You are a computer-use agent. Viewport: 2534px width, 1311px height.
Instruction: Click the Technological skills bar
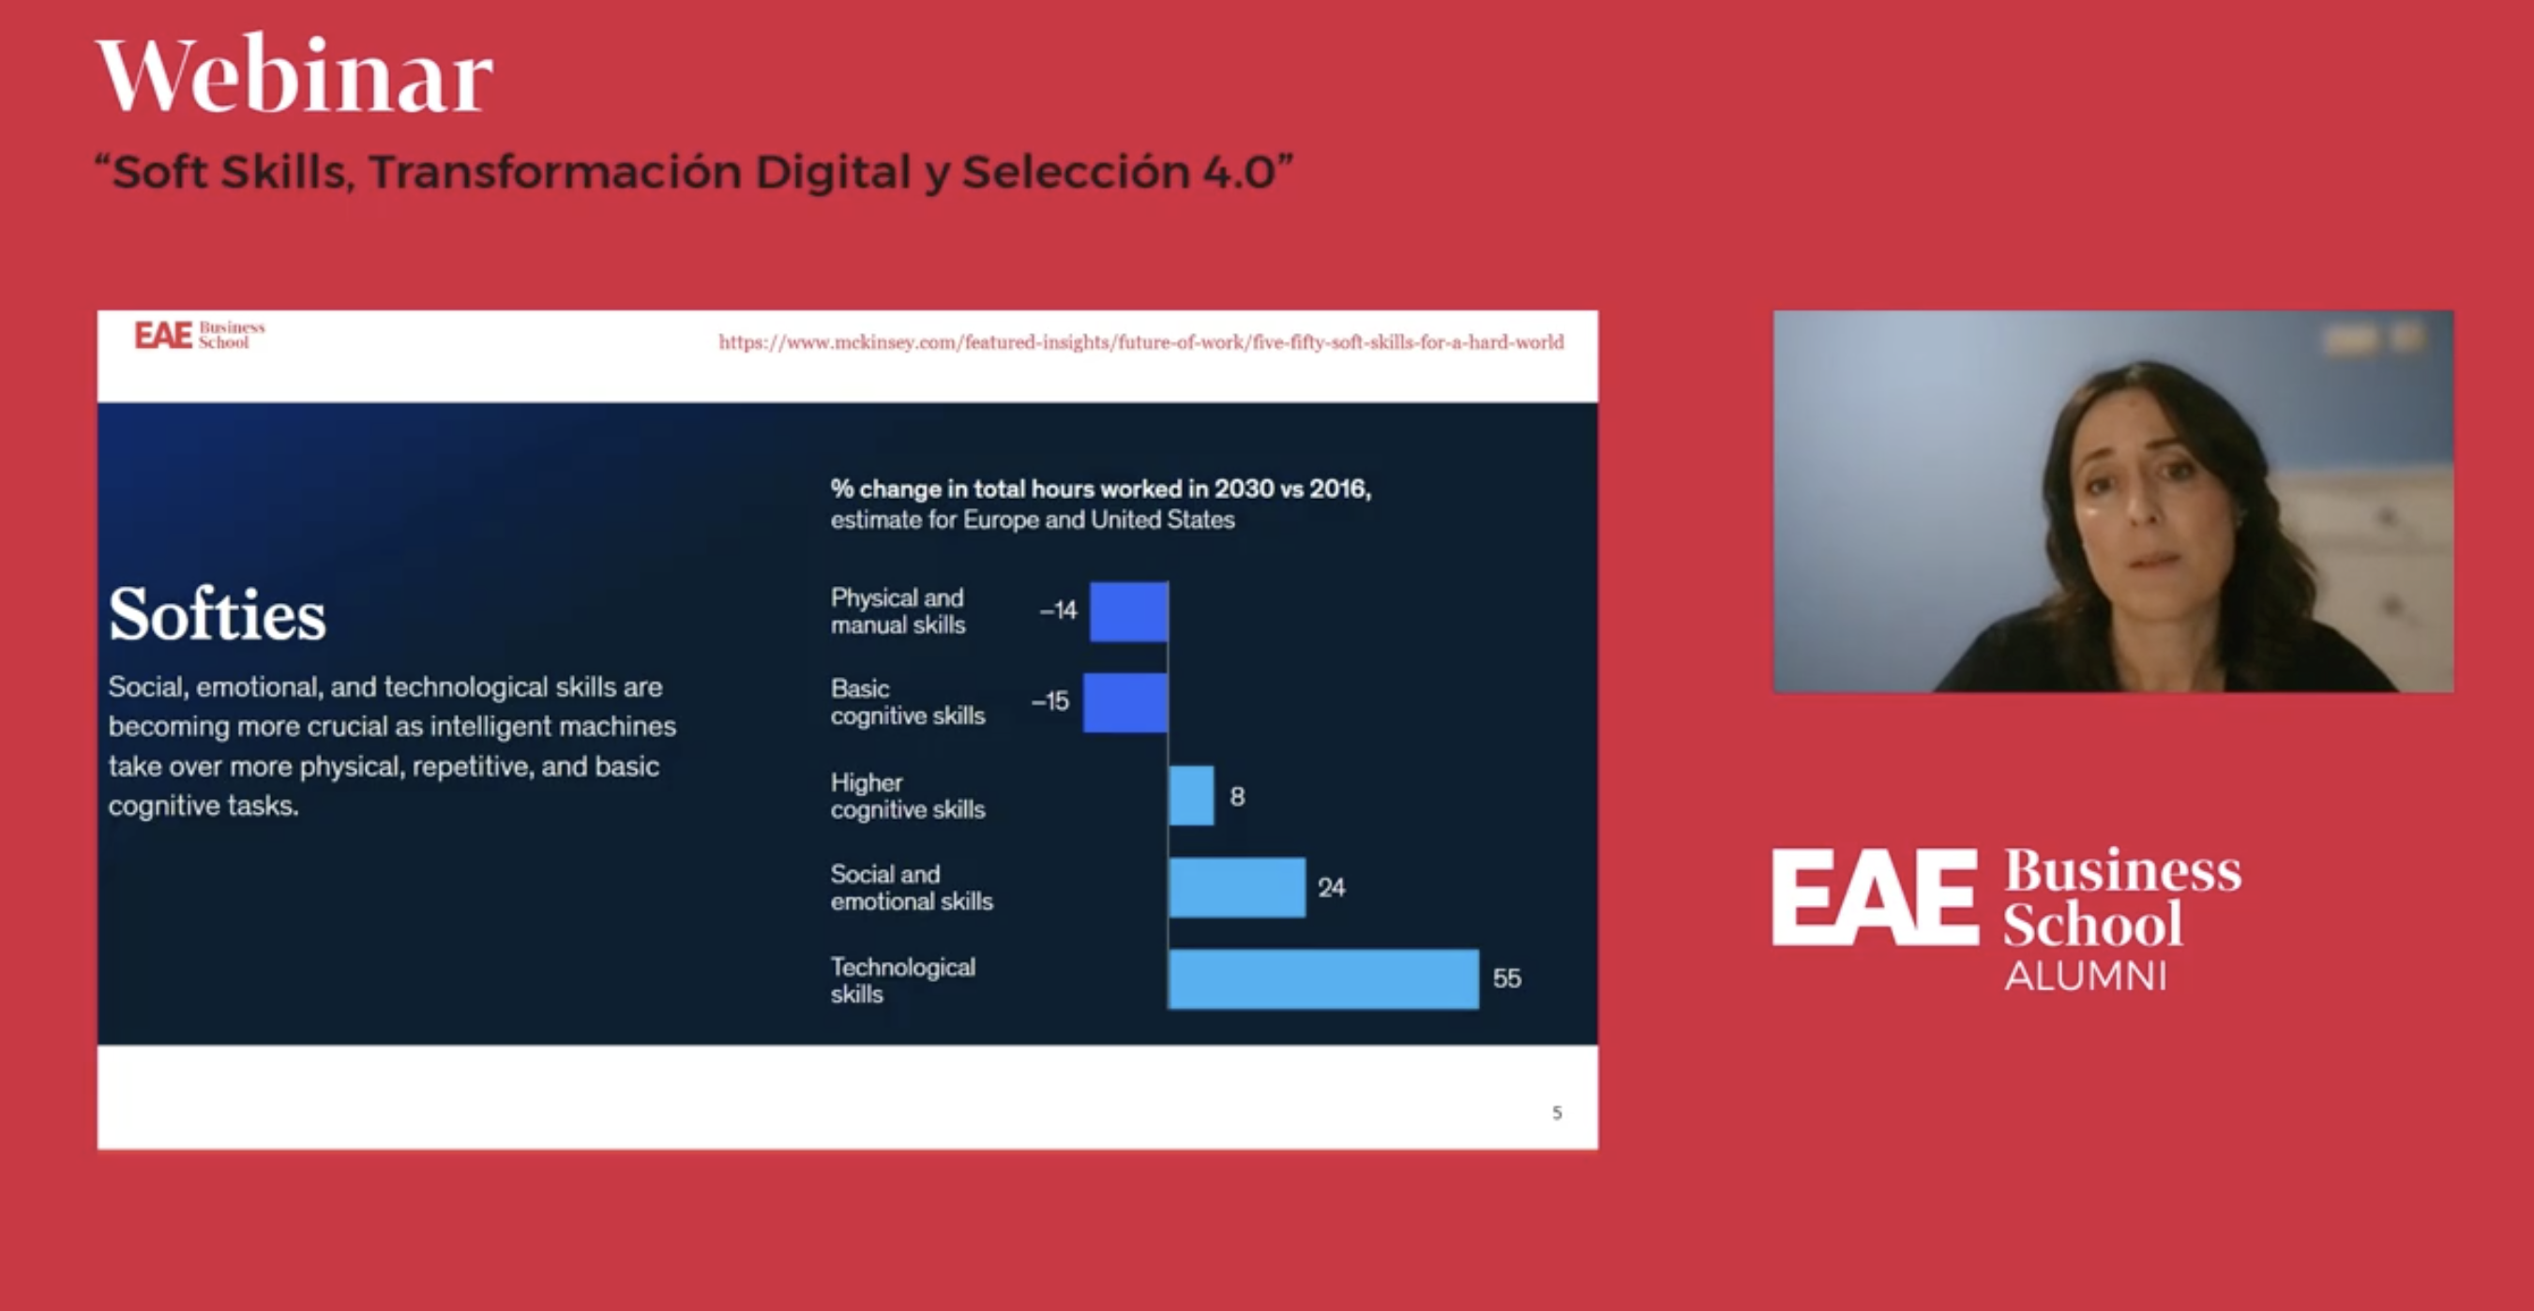point(1323,979)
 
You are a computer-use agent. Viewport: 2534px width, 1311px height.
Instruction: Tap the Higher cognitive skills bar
point(1191,795)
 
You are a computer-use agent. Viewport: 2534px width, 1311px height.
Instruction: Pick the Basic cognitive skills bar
point(1125,702)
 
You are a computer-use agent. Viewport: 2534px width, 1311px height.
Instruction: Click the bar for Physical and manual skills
point(1129,611)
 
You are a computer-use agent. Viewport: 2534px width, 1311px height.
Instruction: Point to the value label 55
point(1506,979)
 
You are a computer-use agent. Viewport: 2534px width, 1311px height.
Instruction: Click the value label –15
point(1050,701)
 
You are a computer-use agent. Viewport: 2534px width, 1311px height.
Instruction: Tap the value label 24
point(1331,887)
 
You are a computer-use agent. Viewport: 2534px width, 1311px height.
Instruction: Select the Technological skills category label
point(902,980)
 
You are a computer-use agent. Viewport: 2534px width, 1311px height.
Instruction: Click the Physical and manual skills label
point(897,610)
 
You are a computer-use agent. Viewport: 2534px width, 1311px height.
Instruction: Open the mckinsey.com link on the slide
point(1140,342)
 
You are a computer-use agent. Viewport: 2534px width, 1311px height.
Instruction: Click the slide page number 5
point(1556,1112)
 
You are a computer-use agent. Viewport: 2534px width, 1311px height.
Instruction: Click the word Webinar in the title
point(294,76)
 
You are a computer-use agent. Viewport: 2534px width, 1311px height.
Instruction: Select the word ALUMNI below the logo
point(2086,976)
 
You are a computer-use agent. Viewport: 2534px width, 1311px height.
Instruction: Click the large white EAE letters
point(1874,897)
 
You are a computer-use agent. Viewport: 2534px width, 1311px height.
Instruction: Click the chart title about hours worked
point(1100,489)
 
